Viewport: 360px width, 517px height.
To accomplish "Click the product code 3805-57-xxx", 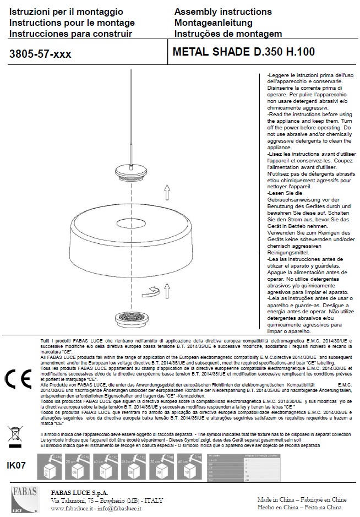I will click(40, 54).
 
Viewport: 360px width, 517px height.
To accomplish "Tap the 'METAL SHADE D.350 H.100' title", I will click(243, 53).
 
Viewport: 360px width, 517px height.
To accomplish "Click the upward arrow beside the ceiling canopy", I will click(167, 192).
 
